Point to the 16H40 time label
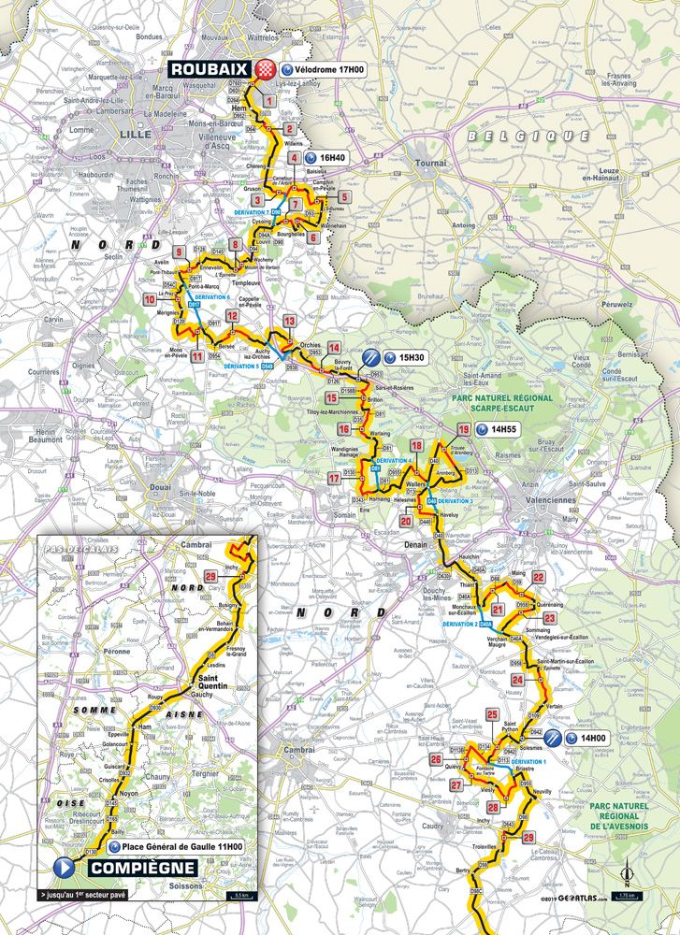pos(333,158)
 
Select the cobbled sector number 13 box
pos(290,322)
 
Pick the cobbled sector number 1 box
pos(269,100)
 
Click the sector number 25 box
pos(492,715)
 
